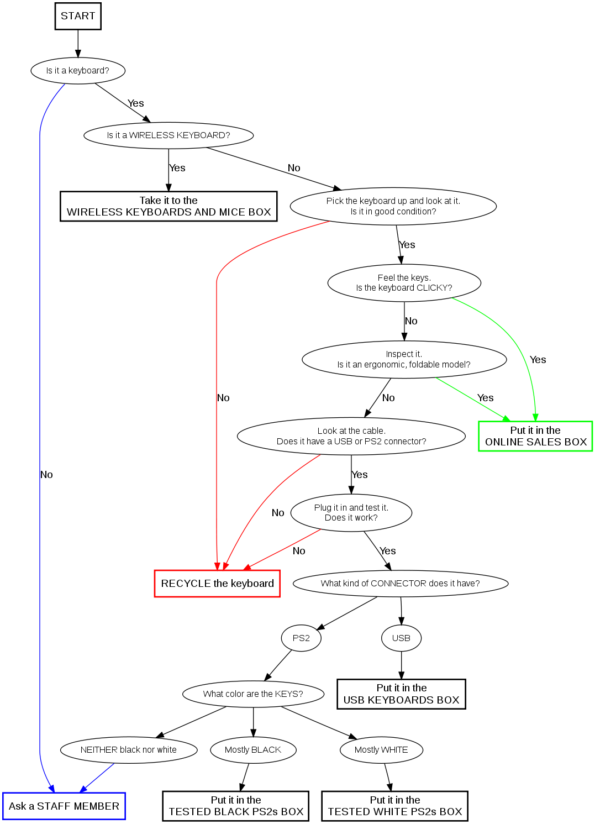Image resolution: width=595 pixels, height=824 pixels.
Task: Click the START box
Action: click(x=78, y=16)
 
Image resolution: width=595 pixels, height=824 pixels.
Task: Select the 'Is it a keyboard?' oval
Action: click(x=78, y=71)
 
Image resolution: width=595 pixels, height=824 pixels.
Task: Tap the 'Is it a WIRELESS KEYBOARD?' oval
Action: click(x=169, y=135)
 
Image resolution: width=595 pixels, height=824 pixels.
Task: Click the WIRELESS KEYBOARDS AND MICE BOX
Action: click(x=169, y=206)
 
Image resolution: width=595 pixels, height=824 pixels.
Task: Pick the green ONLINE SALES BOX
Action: click(x=535, y=436)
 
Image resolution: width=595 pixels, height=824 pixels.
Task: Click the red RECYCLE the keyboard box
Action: click(x=217, y=584)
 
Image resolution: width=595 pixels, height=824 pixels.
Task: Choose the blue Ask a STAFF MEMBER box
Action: click(x=64, y=806)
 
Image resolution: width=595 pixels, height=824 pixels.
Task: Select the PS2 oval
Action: click(x=301, y=638)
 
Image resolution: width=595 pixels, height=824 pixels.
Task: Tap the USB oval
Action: click(x=401, y=638)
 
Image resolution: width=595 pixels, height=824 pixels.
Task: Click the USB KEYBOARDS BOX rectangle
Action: click(x=401, y=694)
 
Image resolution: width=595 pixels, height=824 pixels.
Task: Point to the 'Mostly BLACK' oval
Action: click(x=253, y=750)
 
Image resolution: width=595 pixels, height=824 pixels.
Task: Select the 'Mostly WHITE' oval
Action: click(x=381, y=750)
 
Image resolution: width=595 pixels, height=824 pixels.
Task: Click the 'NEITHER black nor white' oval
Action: click(x=129, y=750)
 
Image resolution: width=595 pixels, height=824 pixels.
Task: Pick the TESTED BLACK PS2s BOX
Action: click(x=236, y=806)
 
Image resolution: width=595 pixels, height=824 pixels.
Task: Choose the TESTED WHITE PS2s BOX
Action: click(x=394, y=806)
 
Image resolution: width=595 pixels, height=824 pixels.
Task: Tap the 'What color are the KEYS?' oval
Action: click(x=253, y=694)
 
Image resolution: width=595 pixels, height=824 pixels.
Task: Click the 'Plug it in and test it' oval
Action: click(x=351, y=513)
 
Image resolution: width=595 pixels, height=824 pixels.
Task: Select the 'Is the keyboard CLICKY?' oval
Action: click(x=404, y=283)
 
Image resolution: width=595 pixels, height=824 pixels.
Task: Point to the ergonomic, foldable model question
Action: click(x=404, y=360)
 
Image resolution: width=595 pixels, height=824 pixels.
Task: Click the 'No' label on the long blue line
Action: click(x=46, y=475)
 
